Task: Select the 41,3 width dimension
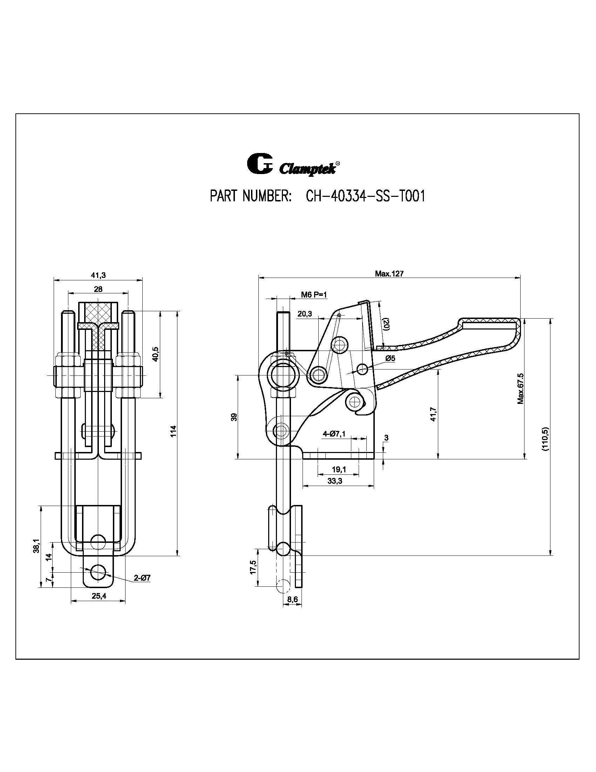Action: click(x=98, y=275)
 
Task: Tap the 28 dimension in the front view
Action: click(x=98, y=289)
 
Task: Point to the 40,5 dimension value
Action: click(x=156, y=354)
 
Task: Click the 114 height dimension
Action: click(x=173, y=432)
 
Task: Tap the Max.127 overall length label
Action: click(x=389, y=274)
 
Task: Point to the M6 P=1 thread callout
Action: click(x=314, y=294)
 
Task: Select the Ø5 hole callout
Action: click(x=390, y=358)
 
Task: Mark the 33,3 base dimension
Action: click(x=335, y=481)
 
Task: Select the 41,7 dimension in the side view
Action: click(x=434, y=414)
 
